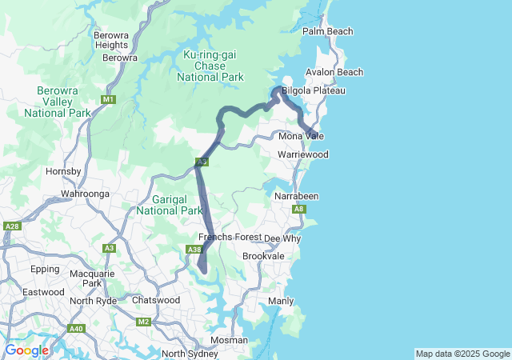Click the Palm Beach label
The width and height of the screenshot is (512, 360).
326,31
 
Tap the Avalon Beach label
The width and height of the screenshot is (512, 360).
334,72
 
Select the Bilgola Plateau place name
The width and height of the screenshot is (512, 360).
314,90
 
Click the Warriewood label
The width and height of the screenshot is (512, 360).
303,154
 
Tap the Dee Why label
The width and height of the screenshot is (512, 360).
282,238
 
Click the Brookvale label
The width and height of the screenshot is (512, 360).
263,255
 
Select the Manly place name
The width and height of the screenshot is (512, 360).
281,301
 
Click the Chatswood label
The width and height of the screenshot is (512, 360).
155,300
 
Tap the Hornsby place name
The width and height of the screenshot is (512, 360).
64,171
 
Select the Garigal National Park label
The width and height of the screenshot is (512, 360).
169,205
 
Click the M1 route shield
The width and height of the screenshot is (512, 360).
109,99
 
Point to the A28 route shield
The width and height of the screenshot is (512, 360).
11,227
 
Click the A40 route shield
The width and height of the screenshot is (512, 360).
76,329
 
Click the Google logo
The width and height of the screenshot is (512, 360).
26,350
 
